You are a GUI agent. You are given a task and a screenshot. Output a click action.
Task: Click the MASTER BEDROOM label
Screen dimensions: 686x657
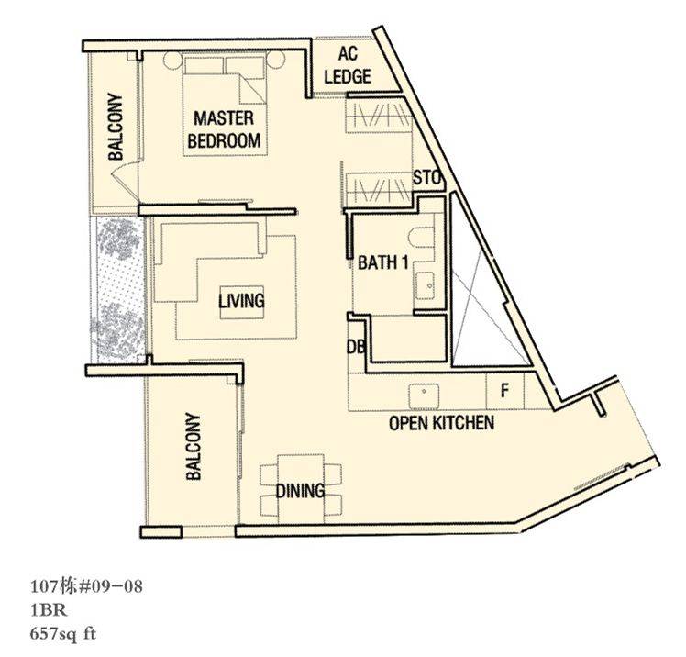(x=224, y=130)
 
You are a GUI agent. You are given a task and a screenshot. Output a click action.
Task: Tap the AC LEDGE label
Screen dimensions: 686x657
(x=348, y=65)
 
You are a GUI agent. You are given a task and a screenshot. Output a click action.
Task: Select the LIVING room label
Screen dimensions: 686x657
(x=241, y=301)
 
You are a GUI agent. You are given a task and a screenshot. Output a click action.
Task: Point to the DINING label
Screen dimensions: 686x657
(x=300, y=491)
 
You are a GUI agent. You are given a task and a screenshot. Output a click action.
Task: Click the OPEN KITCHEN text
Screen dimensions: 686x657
(x=441, y=423)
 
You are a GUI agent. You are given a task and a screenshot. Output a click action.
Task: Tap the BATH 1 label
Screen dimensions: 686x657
(x=383, y=262)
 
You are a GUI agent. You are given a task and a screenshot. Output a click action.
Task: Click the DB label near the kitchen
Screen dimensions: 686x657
(x=356, y=348)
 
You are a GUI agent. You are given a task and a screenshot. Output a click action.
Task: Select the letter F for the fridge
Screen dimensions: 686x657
(x=504, y=390)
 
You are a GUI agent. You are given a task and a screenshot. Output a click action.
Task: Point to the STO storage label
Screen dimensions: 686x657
(x=427, y=178)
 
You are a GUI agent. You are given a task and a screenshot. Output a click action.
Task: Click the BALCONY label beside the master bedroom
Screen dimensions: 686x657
(x=116, y=127)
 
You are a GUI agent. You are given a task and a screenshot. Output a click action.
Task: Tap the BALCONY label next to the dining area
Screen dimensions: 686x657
(x=194, y=446)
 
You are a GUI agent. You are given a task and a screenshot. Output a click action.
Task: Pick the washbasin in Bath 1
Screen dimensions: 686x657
(x=425, y=285)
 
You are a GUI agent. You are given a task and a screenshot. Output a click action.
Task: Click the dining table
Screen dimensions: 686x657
(x=301, y=489)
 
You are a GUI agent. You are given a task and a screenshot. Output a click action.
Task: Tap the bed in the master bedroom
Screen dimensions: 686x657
(x=225, y=105)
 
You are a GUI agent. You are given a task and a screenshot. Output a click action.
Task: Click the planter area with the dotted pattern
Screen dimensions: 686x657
(x=117, y=290)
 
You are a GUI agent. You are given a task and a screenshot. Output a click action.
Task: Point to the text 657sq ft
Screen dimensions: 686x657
(x=62, y=634)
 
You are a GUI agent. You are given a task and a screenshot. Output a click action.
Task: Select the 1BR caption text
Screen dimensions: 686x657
(x=49, y=609)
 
